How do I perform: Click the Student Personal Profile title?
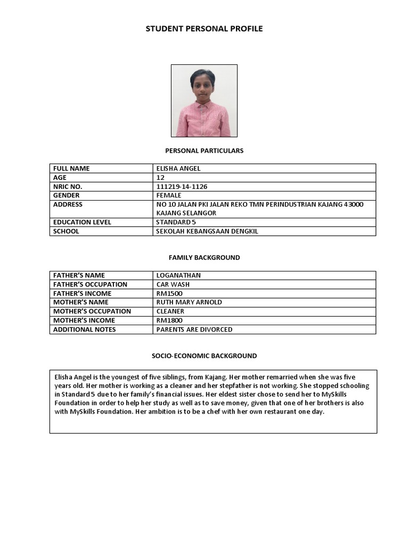[204, 29]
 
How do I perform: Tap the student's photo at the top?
[204, 101]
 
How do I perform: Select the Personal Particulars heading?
[204, 151]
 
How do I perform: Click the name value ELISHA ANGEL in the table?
[178, 169]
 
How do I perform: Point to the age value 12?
[161, 178]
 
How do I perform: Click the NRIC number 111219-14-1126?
[183, 187]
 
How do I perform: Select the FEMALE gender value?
[169, 196]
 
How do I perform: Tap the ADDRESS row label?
[68, 205]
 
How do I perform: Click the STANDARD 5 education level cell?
[176, 222]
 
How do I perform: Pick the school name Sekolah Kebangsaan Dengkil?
[207, 232]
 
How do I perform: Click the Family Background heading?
[204, 258]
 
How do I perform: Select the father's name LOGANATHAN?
[178, 276]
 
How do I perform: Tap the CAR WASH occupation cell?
[173, 285]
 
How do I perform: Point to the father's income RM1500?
[168, 294]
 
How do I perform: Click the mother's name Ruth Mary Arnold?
[189, 302]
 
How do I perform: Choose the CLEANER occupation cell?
[170, 311]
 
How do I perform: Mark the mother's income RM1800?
[168, 320]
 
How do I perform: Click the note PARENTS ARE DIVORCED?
[194, 329]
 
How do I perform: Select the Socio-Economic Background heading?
[204, 356]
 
